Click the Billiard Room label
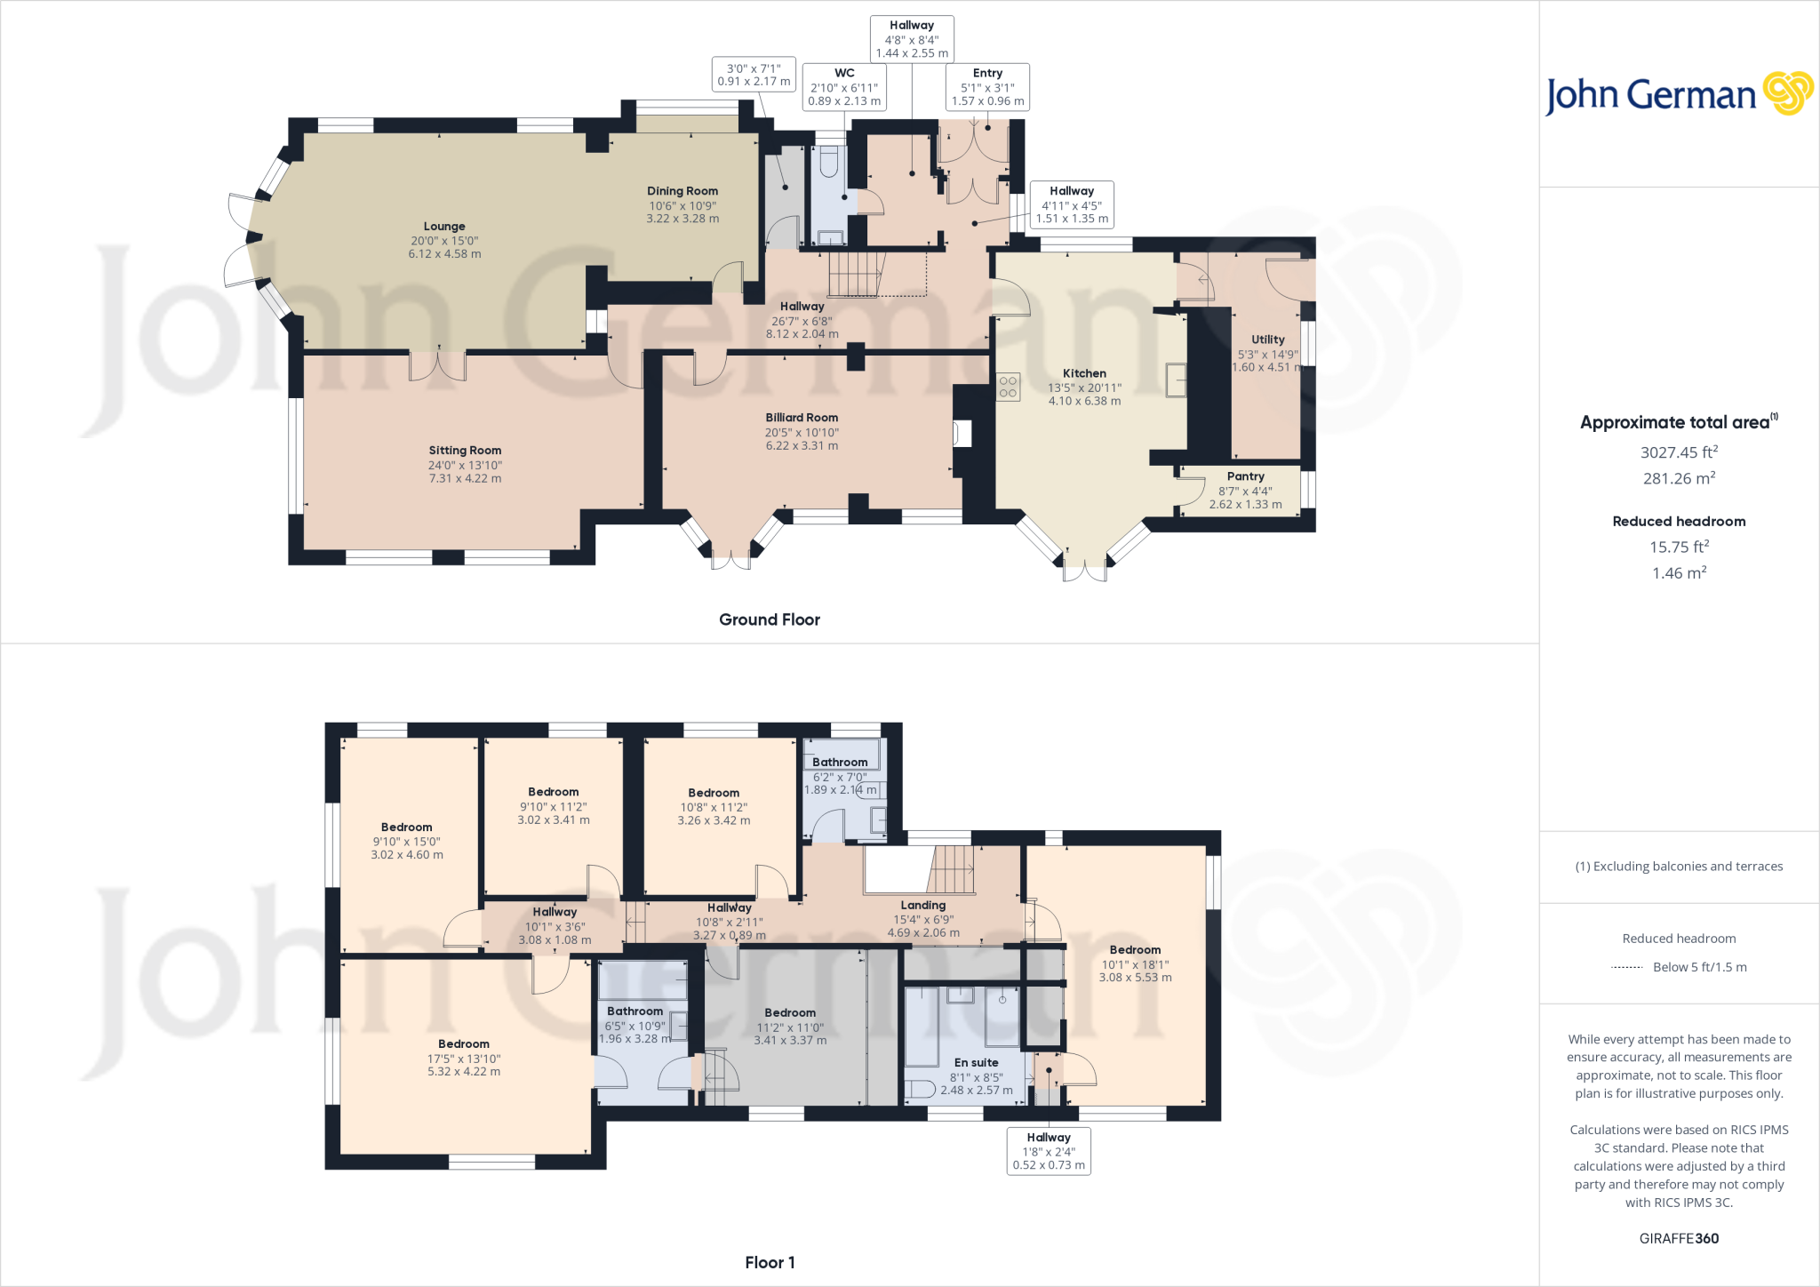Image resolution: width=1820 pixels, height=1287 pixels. coord(802,418)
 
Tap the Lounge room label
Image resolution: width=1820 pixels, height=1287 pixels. coord(444,227)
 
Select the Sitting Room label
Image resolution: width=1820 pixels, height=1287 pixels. coord(465,451)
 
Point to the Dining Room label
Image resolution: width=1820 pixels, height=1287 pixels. coord(682,191)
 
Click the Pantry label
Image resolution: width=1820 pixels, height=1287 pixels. coord(1246,476)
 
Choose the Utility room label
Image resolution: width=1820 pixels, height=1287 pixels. coord(1268,340)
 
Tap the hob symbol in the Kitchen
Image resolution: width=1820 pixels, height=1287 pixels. coord(1008,387)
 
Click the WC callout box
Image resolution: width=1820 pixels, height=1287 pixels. coord(844,87)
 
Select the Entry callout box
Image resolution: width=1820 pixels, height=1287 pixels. coord(987,87)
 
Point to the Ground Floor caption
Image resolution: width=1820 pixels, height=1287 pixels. coord(770,620)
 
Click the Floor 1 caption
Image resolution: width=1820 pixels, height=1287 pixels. coord(770,1262)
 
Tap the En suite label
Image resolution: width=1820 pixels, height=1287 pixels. coord(977,1063)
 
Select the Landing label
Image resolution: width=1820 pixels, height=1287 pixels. coord(923,906)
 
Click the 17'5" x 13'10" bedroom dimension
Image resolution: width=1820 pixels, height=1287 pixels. coord(464,1059)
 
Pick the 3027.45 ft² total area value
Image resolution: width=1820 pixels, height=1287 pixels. coord(1679,452)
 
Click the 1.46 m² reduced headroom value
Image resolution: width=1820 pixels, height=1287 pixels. coord(1679,573)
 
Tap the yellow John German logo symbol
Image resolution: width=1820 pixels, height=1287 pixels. coord(1788,93)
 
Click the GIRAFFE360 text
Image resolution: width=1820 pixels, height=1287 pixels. coord(1679,1238)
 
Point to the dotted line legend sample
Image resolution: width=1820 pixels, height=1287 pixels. coord(1626,967)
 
